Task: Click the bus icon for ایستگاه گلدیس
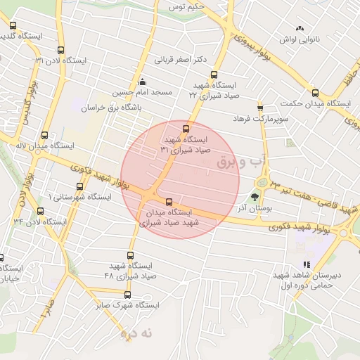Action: pyautogui.click(x=13, y=26)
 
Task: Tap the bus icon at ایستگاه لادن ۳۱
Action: pyautogui.click(x=60, y=51)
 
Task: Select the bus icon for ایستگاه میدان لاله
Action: pyautogui.click(x=45, y=135)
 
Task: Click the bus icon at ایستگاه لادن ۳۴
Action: pyautogui.click(x=40, y=211)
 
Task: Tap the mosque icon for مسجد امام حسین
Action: pyautogui.click(x=143, y=82)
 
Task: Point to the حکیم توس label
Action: pyautogui.click(x=186, y=6)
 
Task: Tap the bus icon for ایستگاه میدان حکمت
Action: pyautogui.click(x=315, y=92)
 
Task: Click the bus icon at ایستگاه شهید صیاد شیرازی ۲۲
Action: pyautogui.click(x=214, y=75)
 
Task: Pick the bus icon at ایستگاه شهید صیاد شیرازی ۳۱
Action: pyautogui.click(x=186, y=129)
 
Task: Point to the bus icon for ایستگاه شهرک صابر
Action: pyautogui.click(x=127, y=295)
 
